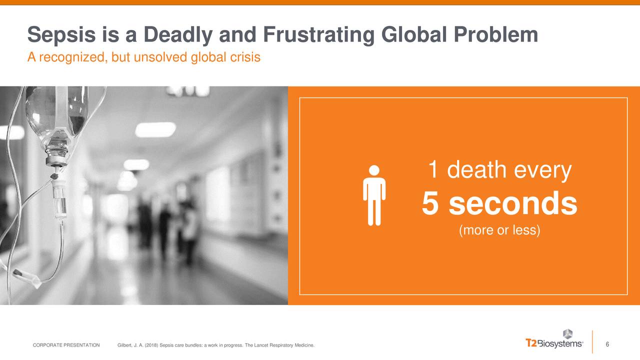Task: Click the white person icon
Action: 374,195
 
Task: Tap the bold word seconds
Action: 512,204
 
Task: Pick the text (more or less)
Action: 499,231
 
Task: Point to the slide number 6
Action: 607,344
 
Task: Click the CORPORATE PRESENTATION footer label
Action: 66,345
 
